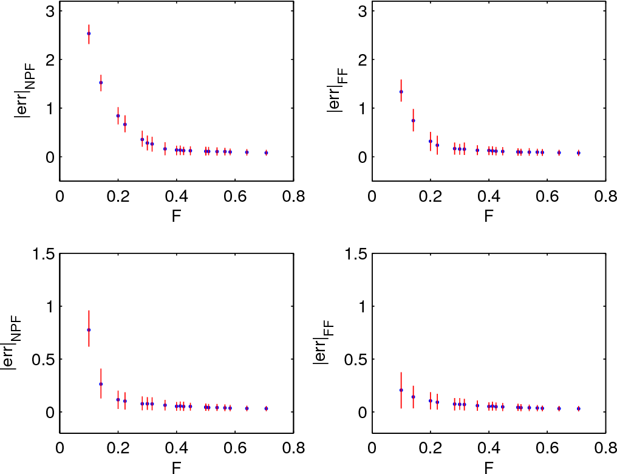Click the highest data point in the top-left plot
89,33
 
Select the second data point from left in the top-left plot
101,83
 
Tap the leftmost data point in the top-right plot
401,92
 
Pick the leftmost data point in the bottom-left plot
89,330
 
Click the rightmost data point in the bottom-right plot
578,408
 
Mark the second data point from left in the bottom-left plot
101,384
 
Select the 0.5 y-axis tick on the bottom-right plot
351,359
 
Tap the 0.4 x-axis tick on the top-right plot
488,197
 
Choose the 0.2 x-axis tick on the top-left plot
118,197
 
